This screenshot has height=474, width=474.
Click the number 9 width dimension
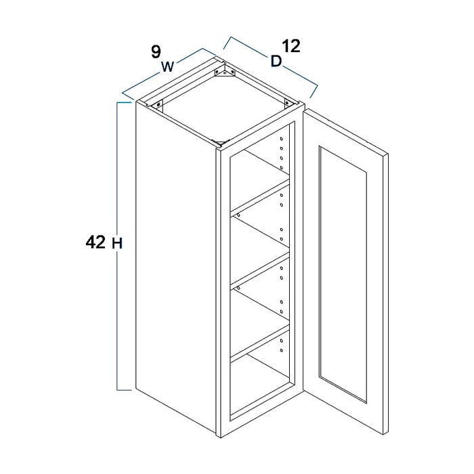(x=156, y=51)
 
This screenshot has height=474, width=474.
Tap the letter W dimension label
(x=168, y=66)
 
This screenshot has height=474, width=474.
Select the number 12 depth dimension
(x=290, y=46)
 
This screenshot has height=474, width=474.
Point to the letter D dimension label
(x=276, y=61)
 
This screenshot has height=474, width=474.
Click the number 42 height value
(x=95, y=242)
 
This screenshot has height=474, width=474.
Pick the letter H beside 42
(x=117, y=243)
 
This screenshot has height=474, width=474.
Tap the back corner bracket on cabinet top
(x=224, y=71)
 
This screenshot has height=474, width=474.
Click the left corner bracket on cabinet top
(x=157, y=105)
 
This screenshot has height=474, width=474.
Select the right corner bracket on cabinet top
(x=288, y=103)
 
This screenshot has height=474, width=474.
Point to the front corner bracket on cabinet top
(x=221, y=142)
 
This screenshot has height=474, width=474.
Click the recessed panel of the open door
(x=343, y=274)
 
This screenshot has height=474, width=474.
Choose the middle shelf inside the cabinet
(x=260, y=268)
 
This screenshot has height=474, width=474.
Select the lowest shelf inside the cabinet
(x=260, y=341)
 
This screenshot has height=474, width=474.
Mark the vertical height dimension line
(x=117, y=246)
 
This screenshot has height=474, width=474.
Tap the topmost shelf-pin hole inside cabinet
(x=282, y=139)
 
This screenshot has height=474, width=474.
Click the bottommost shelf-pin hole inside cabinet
(x=282, y=351)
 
